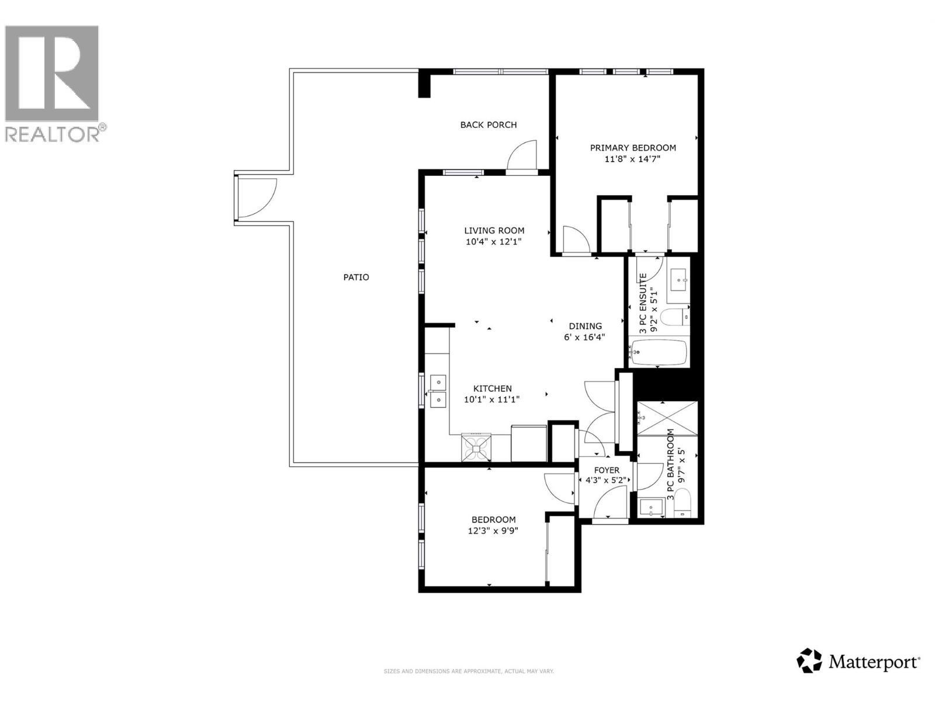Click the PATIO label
pyautogui.click(x=356, y=277)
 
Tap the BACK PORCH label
pyautogui.click(x=488, y=124)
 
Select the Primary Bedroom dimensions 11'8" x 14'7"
pyautogui.click(x=633, y=159)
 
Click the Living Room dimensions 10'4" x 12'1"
pyautogui.click(x=494, y=241)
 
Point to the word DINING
pyautogui.click(x=586, y=326)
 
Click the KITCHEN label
pyautogui.click(x=492, y=388)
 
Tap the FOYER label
pyautogui.click(x=606, y=470)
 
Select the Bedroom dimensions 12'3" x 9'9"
pyautogui.click(x=493, y=531)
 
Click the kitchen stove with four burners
pyautogui.click(x=477, y=447)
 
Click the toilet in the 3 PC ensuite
pyautogui.click(x=674, y=318)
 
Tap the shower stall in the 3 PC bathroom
pyautogui.click(x=667, y=418)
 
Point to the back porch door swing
pyautogui.click(x=522, y=157)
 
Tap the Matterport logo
pyautogui.click(x=859, y=661)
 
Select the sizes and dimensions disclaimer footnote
pyautogui.click(x=468, y=671)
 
